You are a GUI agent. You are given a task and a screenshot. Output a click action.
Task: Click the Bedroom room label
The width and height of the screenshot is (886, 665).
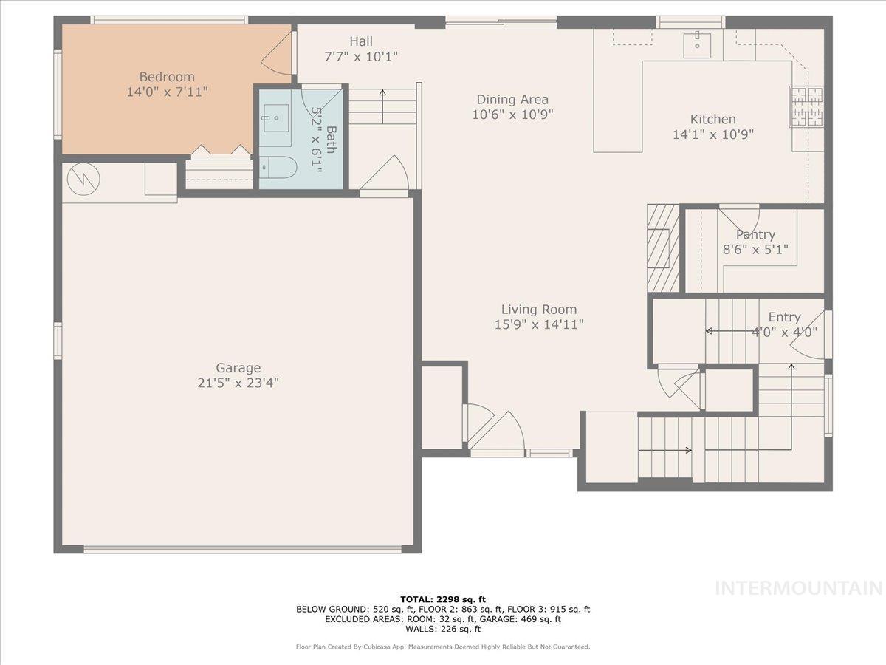(x=167, y=77)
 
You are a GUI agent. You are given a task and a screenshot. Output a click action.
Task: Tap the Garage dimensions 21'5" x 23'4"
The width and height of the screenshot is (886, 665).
(x=238, y=383)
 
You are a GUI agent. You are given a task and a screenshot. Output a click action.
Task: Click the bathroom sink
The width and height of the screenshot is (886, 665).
(x=275, y=118)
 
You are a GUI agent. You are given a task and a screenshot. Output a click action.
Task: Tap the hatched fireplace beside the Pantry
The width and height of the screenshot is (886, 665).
(x=662, y=248)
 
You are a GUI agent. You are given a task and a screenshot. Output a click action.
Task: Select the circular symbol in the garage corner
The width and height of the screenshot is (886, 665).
(x=78, y=178)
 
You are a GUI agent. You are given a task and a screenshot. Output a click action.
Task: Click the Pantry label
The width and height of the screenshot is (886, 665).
(x=755, y=235)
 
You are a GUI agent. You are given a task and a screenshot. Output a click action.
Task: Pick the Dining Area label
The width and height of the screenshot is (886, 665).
(x=512, y=100)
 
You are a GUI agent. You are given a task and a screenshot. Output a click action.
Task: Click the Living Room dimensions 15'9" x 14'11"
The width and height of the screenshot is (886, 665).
(x=539, y=324)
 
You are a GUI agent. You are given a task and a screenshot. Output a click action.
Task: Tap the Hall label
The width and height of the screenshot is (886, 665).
(x=361, y=41)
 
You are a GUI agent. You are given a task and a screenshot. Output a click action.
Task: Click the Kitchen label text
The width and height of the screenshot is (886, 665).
(x=712, y=119)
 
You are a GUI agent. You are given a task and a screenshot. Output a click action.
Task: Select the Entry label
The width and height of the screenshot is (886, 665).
(x=784, y=317)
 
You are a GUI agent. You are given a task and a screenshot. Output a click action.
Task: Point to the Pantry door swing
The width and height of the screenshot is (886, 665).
(x=740, y=217)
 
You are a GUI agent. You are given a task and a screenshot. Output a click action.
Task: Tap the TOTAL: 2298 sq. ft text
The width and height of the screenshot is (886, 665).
(x=443, y=599)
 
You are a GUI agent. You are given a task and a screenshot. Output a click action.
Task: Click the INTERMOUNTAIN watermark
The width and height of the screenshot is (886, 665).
(x=800, y=588)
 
